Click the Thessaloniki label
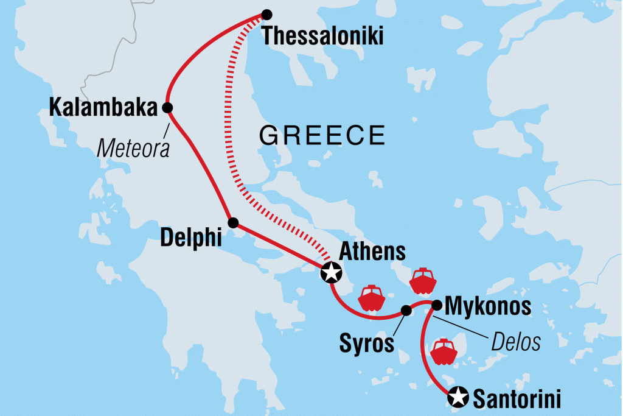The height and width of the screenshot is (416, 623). (322, 37)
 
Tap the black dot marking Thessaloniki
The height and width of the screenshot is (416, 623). (266, 14)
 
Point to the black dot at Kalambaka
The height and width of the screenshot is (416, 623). (167, 108)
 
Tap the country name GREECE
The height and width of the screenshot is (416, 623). (322, 135)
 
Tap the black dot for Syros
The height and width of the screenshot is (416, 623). (406, 311)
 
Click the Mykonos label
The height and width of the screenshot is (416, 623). (489, 306)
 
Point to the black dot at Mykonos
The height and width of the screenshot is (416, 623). (436, 304)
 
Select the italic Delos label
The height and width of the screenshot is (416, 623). (517, 343)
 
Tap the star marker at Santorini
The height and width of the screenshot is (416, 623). (457, 398)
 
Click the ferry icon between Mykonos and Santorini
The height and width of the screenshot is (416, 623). (444, 351)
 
